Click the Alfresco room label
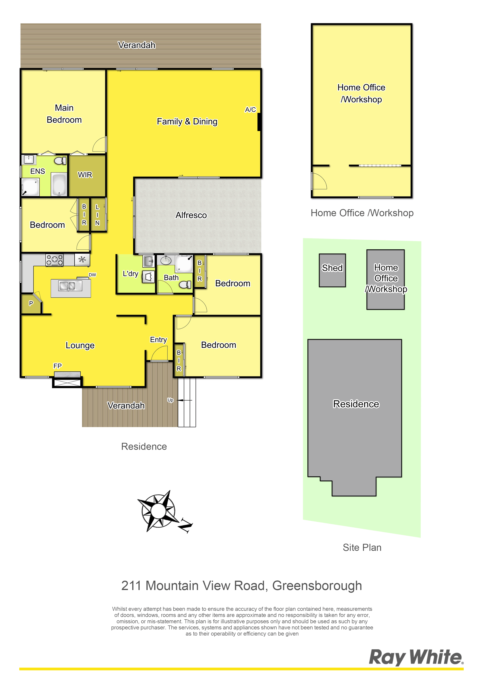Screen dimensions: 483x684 [191, 215]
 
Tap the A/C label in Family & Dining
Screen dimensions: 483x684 [250, 110]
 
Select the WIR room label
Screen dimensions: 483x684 [85, 175]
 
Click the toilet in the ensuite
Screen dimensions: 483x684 [60, 161]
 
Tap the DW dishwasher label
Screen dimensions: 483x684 [92, 275]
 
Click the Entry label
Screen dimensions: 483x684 [158, 340]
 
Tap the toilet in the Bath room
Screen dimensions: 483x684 [185, 285]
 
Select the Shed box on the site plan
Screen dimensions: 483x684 [332, 270]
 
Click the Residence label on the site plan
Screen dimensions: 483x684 [356, 404]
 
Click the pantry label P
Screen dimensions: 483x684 [31, 303]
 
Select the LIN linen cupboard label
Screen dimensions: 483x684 [97, 215]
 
